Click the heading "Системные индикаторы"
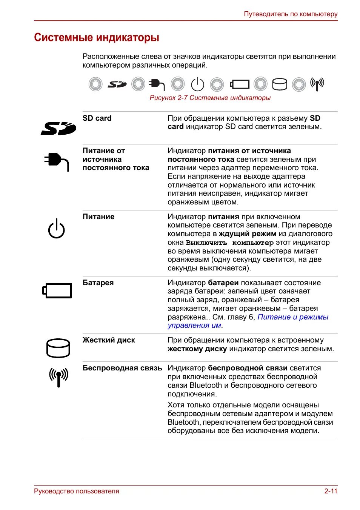pyautogui.click(x=97, y=38)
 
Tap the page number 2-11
pyautogui.click(x=331, y=491)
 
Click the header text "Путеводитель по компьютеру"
pyautogui.click(x=291, y=14)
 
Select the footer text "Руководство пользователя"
pyautogui.click(x=77, y=491)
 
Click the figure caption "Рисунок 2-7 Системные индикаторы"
pyautogui.click(x=210, y=98)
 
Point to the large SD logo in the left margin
pyautogui.click(x=58, y=129)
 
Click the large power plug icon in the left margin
pyautogui.click(x=56, y=161)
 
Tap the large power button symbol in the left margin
pyautogui.click(x=56, y=229)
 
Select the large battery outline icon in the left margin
pyautogui.click(x=57, y=290)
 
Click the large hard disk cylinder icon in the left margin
pyautogui.click(x=58, y=348)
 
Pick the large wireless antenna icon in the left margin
pyautogui.click(x=58, y=377)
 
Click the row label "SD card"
pyautogui.click(x=97, y=118)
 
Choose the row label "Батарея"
pyautogui.click(x=98, y=283)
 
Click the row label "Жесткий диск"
pyautogui.click(x=109, y=340)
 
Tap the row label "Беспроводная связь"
pyautogui.click(x=122, y=368)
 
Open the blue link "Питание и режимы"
pyautogui.click(x=293, y=317)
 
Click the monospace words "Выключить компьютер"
pyautogui.click(x=229, y=243)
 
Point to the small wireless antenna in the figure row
pyautogui.click(x=317, y=84)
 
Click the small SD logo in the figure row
pyautogui.click(x=117, y=84)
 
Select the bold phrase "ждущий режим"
pyautogui.click(x=248, y=234)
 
